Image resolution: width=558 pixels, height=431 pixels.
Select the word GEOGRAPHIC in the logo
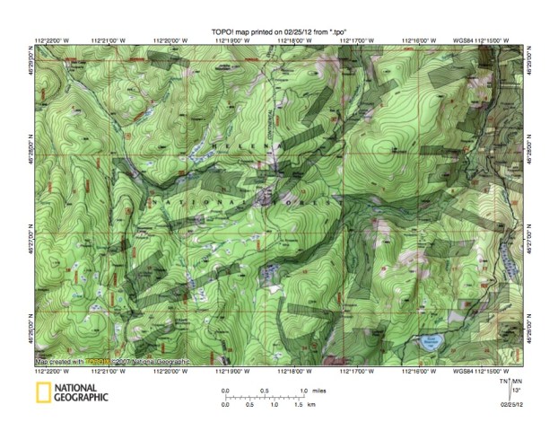tap(81, 398)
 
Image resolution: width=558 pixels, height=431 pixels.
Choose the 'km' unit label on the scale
tap(311, 405)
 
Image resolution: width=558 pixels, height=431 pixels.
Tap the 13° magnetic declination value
tap(518, 391)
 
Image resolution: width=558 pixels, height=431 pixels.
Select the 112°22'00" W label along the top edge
tap(52, 40)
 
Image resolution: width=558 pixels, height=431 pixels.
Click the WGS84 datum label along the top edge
tap(464, 40)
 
